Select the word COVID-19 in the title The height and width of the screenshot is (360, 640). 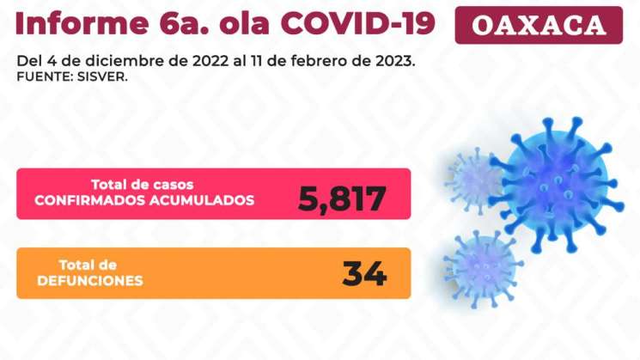click(x=370, y=23)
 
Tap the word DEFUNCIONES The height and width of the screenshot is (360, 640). click(x=89, y=281)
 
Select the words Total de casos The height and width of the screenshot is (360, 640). click(x=143, y=184)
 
